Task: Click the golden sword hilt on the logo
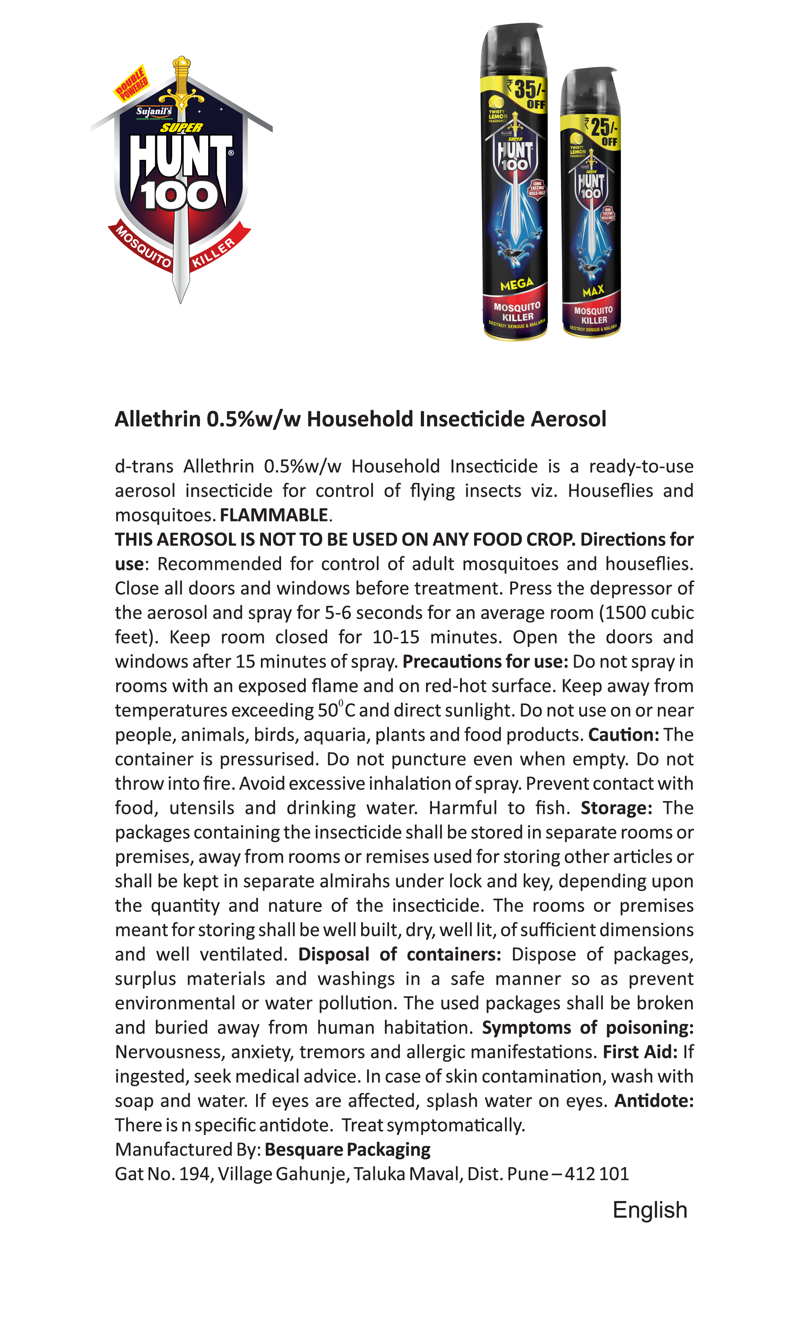point(182,86)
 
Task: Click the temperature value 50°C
point(336,710)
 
